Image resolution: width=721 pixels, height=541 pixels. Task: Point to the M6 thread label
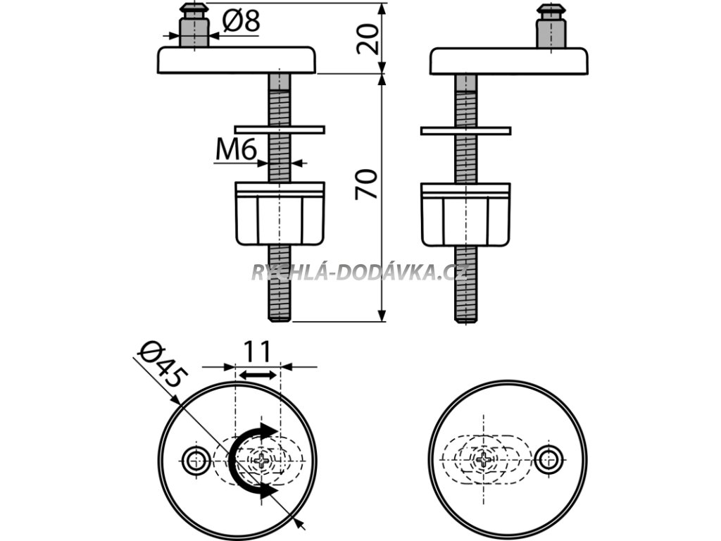[234, 149]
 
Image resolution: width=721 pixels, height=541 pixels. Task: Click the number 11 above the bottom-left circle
[257, 350]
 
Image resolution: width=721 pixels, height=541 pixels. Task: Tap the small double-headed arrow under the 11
[257, 375]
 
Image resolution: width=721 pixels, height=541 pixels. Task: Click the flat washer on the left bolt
[280, 130]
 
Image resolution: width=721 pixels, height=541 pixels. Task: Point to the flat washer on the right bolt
[465, 130]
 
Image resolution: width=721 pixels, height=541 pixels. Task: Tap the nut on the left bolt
[280, 213]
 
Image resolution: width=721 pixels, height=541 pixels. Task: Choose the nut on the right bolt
[465, 214]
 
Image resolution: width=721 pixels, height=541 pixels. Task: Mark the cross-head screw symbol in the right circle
[485, 461]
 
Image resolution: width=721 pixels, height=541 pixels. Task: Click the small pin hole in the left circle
[195, 461]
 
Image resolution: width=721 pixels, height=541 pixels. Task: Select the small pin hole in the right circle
[547, 460]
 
